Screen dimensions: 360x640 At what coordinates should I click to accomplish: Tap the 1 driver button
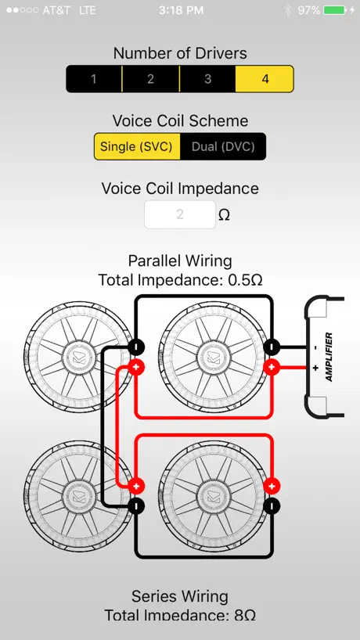pos(94,79)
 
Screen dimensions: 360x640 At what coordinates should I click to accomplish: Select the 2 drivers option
pos(150,79)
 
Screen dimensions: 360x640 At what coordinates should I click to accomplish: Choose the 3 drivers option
pos(207,79)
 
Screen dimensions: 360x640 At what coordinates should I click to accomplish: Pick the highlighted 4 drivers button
pos(265,79)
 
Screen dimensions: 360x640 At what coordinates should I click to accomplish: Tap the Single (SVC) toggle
pos(137,146)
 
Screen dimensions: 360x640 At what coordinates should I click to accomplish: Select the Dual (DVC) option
pos(223,146)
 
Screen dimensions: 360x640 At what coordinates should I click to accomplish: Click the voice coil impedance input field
pos(180,214)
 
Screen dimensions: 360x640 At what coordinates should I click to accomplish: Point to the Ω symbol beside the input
pos(224,215)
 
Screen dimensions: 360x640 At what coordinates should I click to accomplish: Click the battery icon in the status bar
pos(335,10)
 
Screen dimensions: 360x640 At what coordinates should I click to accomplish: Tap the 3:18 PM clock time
pos(182,10)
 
